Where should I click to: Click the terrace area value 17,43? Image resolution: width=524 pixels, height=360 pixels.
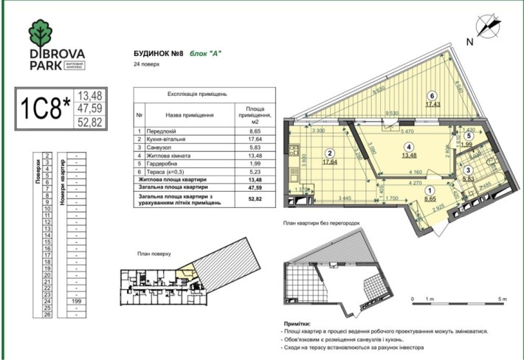tap(432, 104)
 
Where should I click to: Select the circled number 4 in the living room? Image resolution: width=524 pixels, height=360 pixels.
tap(407, 145)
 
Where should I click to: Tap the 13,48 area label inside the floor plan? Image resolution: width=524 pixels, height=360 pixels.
tap(407, 155)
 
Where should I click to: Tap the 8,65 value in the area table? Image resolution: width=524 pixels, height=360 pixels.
tap(254, 131)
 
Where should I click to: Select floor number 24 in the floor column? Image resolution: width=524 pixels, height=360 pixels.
tap(47, 302)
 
